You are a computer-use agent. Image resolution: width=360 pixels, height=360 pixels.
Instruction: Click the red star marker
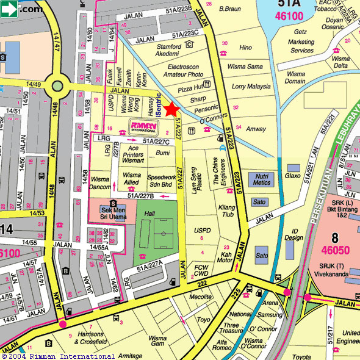point(171,109)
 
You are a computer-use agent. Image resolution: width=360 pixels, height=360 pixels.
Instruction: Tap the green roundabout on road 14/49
point(58,86)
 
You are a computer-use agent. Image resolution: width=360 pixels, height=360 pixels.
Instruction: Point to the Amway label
point(255,129)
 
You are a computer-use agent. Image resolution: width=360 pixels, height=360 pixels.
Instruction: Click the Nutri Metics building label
point(261,179)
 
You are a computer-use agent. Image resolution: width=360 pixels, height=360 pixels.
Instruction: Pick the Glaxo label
point(293,176)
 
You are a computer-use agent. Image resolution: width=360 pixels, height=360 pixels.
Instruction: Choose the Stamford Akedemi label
point(168,49)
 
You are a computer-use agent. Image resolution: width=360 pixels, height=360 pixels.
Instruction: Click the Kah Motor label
point(225,257)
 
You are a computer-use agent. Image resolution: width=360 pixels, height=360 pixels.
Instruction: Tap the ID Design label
point(293,234)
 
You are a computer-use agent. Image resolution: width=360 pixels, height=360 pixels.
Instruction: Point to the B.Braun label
point(230,9)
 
